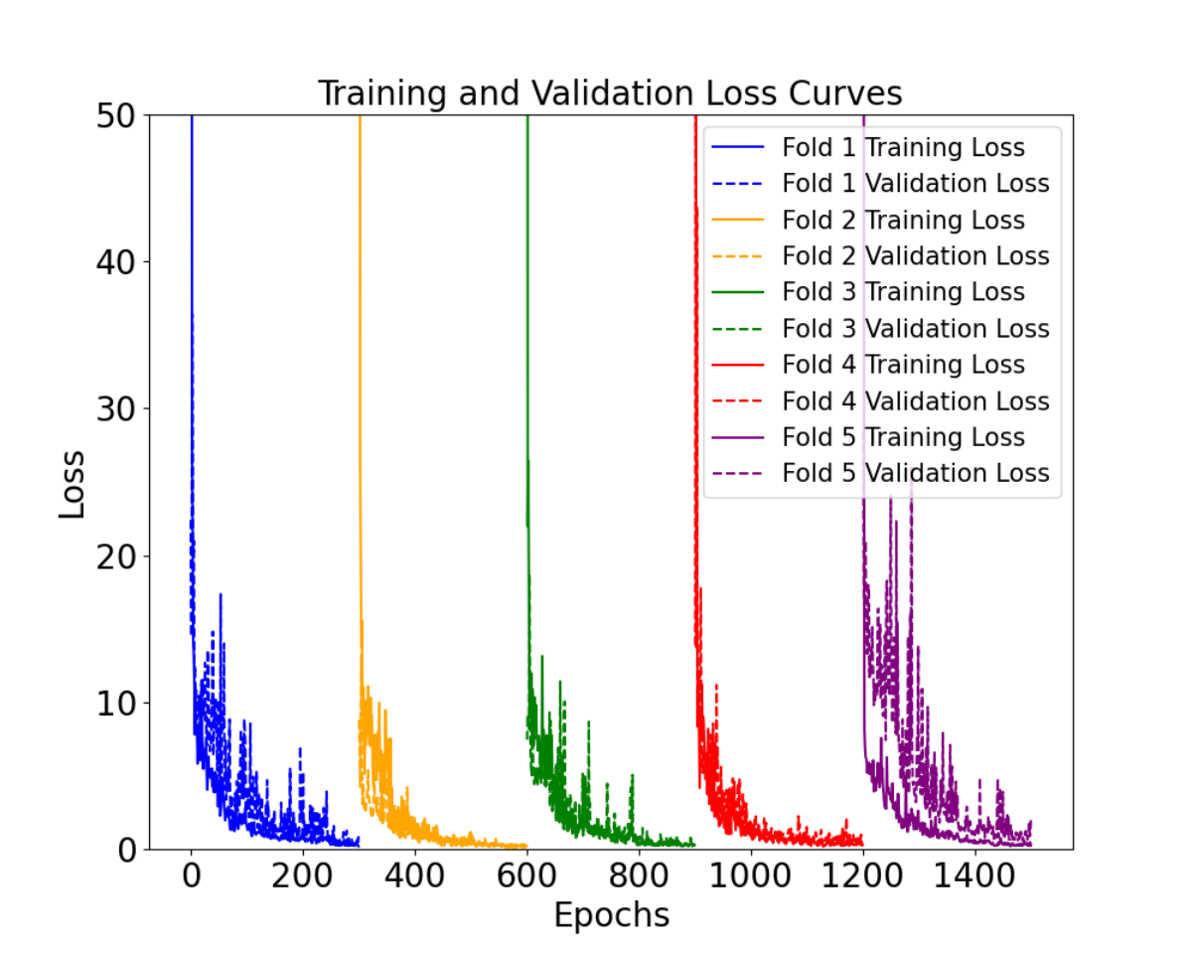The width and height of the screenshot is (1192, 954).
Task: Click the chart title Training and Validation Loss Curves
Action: (610, 92)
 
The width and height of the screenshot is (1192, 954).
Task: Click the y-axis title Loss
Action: (72, 485)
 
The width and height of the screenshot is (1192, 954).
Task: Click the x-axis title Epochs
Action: (612, 915)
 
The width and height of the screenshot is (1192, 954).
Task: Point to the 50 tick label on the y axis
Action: (116, 116)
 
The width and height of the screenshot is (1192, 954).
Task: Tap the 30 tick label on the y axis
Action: (116, 409)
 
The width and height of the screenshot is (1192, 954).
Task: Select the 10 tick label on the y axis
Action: (116, 704)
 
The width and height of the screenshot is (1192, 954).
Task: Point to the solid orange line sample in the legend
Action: (738, 220)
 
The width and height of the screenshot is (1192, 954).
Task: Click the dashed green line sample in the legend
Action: (738, 329)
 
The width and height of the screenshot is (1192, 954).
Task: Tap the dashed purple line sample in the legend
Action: (738, 474)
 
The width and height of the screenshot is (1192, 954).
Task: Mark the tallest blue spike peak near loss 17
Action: (221, 594)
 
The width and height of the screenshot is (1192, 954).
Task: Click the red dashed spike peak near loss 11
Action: (716, 686)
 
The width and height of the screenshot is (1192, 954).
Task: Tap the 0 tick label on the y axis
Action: (126, 851)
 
